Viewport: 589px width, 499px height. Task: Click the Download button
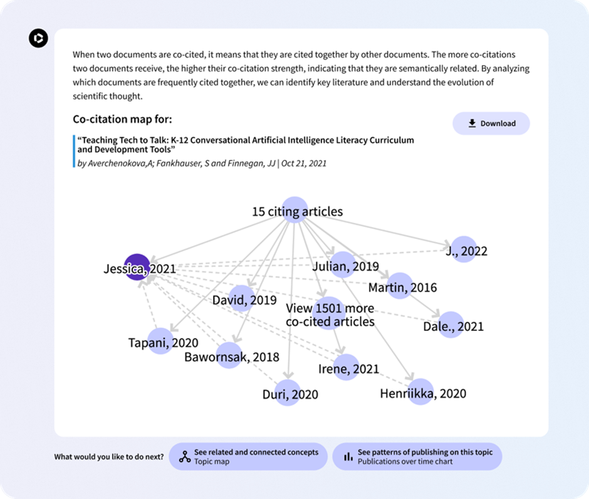click(x=491, y=123)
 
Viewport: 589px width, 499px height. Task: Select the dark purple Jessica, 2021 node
click(x=137, y=267)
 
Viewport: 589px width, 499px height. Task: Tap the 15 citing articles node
click(x=296, y=211)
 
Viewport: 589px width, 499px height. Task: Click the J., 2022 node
click(x=464, y=249)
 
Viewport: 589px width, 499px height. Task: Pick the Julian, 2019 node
click(x=343, y=265)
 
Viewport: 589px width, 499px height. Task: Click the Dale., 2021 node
click(x=451, y=325)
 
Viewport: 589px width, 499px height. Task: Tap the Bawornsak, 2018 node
click(x=229, y=356)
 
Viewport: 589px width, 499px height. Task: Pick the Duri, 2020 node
click(x=288, y=393)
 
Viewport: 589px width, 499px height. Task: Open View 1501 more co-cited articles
click(x=330, y=314)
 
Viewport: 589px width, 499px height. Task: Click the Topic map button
click(x=248, y=456)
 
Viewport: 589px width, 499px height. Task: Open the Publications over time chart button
click(x=417, y=456)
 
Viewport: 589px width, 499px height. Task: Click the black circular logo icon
click(x=38, y=38)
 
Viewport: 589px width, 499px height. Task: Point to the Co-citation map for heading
click(x=122, y=119)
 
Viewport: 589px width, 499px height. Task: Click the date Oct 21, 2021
click(x=304, y=164)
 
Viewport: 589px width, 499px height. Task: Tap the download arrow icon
click(x=472, y=123)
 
